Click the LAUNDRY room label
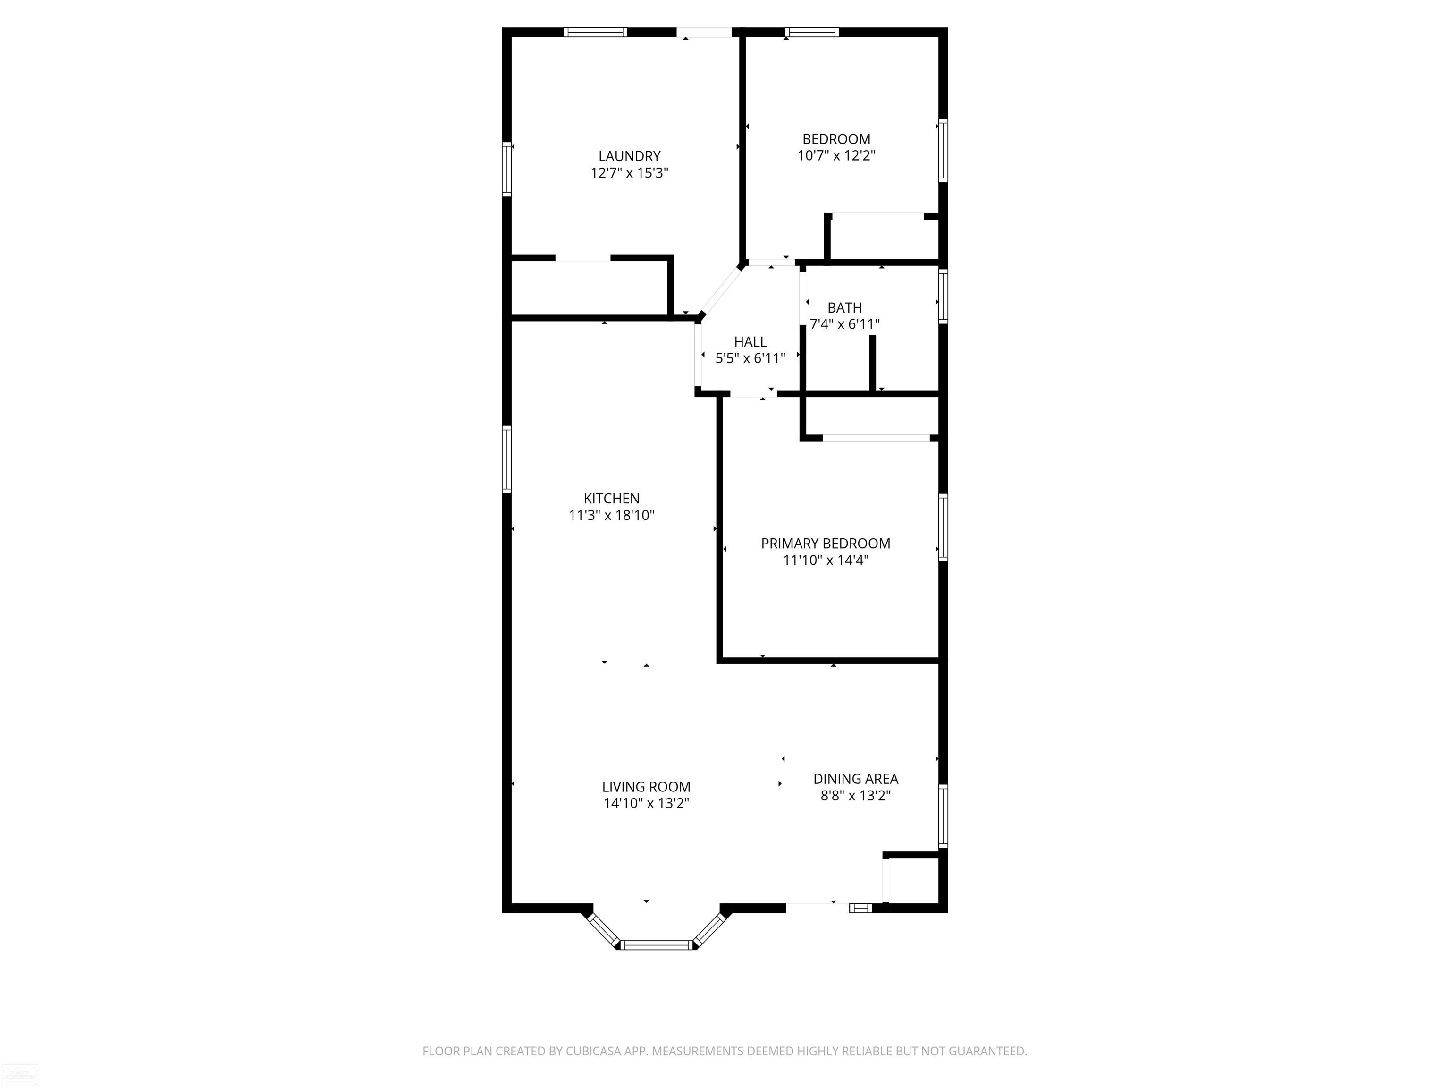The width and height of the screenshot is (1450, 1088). click(629, 156)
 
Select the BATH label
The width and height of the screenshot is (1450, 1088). click(844, 307)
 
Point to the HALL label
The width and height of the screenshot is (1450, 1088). click(750, 342)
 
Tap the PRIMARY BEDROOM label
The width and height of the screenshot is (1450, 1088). click(825, 543)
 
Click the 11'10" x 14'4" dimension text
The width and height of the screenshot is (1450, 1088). click(825, 560)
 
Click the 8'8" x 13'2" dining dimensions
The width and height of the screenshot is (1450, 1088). click(855, 796)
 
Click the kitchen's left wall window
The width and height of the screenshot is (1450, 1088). click(507, 459)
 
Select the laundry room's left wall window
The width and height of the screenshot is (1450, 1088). click(507, 169)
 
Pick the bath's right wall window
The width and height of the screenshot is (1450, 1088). click(943, 297)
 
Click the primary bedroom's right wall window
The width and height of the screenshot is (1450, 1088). click(943, 527)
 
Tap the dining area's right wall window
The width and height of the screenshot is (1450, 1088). click(943, 816)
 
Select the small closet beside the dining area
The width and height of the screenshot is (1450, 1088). click(914, 880)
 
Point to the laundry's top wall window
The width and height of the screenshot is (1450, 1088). click(595, 32)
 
